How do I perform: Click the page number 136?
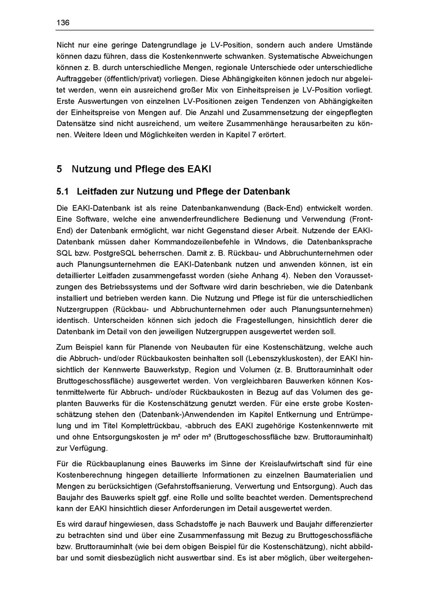pyautogui.click(x=63, y=23)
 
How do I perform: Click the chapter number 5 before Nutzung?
pyautogui.click(x=60, y=169)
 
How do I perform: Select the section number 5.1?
pyautogui.click(x=63, y=191)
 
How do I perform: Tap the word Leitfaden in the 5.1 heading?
pyautogui.click(x=97, y=191)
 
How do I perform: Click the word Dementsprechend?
pyautogui.click(x=341, y=497)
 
